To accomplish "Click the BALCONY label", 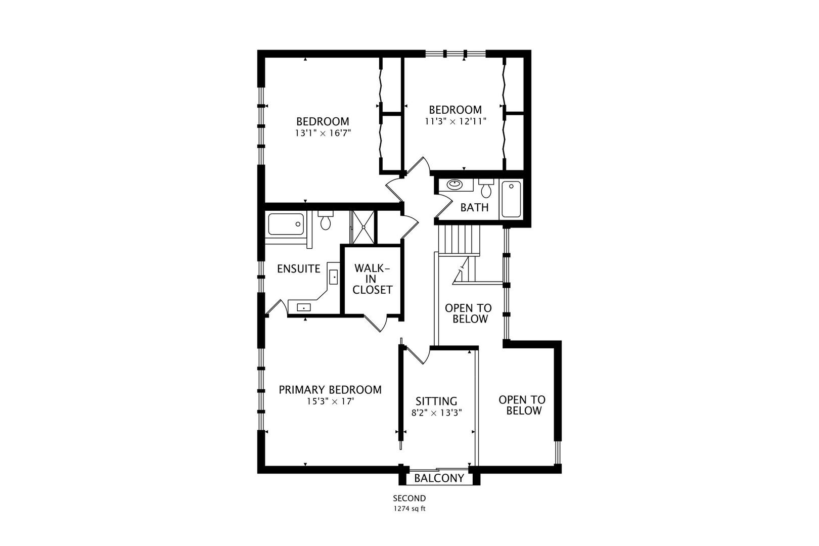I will (x=439, y=478).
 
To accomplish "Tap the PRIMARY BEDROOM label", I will (x=330, y=390).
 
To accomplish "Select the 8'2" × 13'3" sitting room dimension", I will (x=437, y=413).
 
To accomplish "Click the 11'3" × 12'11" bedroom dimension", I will (x=455, y=121).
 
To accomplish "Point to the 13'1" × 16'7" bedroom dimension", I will (x=323, y=133).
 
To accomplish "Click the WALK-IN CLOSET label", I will (x=373, y=279).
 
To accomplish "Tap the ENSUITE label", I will (x=299, y=268).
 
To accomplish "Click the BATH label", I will (x=474, y=207).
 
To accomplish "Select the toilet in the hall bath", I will (x=486, y=189).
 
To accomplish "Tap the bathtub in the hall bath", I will (x=511, y=199).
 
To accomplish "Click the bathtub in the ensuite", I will (x=286, y=224).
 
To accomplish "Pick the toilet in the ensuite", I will (x=325, y=221).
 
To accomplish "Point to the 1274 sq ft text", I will (x=409, y=509).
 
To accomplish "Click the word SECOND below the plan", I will (x=409, y=498).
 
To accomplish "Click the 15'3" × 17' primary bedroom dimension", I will (x=330, y=402).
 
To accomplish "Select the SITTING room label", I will (x=436, y=401).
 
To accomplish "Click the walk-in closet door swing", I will (x=376, y=323).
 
